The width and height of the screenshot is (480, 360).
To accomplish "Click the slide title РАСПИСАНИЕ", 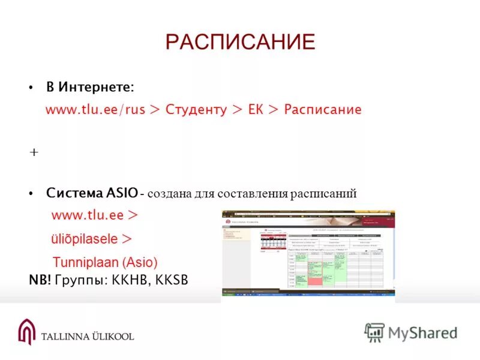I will (x=240, y=42).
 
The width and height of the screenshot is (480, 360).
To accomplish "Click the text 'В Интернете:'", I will (x=91, y=87).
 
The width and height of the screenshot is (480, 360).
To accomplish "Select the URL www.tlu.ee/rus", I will (x=95, y=110).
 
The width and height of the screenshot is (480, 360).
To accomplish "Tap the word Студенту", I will (x=196, y=110).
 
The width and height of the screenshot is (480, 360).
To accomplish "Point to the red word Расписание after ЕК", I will (x=323, y=110).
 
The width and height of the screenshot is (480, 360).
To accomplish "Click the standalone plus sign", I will (x=34, y=152).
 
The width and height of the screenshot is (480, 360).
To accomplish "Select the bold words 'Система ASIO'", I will (x=92, y=193).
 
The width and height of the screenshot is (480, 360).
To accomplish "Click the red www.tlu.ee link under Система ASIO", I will (x=87, y=215).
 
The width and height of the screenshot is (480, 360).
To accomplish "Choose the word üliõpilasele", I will (x=84, y=238).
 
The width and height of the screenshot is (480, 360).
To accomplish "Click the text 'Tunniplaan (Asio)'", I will (x=105, y=262).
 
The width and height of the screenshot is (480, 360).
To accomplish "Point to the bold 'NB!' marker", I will (x=40, y=280).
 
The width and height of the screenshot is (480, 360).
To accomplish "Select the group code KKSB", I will (x=172, y=280).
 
